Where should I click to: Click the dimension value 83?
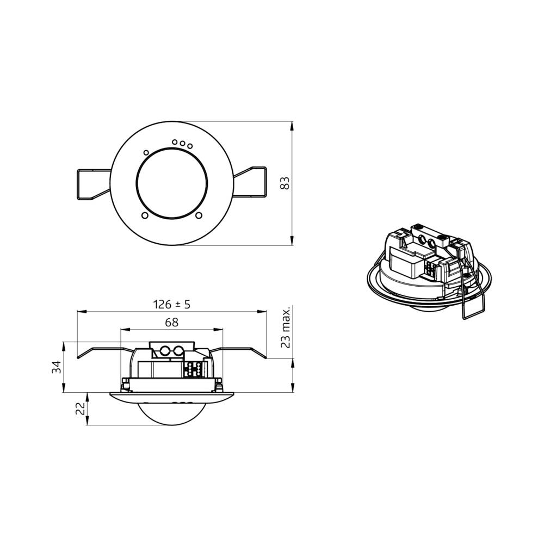coord(285,183)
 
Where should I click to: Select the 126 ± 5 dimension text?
coord(172,304)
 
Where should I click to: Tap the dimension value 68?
coord(171,322)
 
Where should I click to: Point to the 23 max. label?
coord(285,327)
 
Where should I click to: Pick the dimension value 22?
coord(80,409)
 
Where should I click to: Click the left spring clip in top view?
coord(93,184)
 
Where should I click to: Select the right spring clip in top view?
coord(250,183)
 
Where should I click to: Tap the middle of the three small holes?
coord(182,143)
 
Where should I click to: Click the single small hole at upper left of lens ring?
coord(146,152)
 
